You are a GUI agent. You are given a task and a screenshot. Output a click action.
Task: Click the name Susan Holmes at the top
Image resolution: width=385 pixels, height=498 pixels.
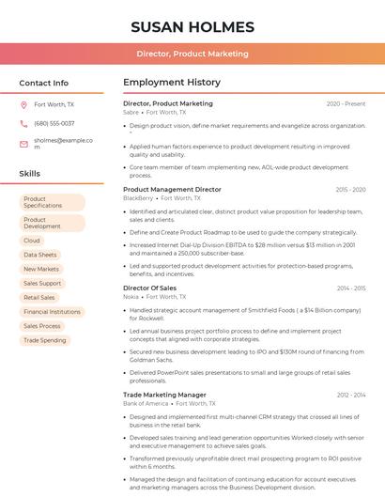192,26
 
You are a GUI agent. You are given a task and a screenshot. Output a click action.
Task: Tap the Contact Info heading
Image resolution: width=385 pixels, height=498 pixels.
43,83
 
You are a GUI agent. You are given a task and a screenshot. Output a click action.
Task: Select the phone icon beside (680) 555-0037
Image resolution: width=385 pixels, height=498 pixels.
23,123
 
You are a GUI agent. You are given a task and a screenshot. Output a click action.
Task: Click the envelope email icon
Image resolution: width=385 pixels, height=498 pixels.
23,143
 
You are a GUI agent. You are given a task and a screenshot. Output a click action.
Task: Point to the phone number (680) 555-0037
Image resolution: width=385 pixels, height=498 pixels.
54,123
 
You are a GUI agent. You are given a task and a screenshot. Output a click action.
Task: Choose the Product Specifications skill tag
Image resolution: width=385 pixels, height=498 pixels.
52,202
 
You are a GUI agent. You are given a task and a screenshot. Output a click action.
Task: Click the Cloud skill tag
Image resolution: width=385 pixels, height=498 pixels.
32,241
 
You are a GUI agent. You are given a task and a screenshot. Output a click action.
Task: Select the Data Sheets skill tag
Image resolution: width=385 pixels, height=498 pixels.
40,255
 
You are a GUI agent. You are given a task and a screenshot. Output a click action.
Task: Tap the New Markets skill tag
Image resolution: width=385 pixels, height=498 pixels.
41,269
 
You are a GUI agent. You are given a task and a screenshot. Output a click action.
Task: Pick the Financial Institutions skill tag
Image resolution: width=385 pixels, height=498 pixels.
52,311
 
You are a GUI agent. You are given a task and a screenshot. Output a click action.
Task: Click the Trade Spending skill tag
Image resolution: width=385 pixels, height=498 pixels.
44,339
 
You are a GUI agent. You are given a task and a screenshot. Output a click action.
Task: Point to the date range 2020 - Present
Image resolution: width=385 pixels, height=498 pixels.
346,103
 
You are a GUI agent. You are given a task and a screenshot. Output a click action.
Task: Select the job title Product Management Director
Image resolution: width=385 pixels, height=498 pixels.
172,189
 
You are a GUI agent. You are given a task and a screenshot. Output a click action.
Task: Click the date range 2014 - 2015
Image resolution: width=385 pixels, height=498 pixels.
351,288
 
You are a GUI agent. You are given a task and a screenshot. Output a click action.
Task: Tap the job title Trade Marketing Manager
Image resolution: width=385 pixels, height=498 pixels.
164,395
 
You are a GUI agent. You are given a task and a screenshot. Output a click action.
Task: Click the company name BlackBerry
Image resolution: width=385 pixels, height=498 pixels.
137,198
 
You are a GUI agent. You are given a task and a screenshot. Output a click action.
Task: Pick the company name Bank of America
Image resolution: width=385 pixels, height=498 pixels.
146,403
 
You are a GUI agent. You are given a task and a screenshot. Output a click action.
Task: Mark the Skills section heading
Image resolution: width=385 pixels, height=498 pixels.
29,174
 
